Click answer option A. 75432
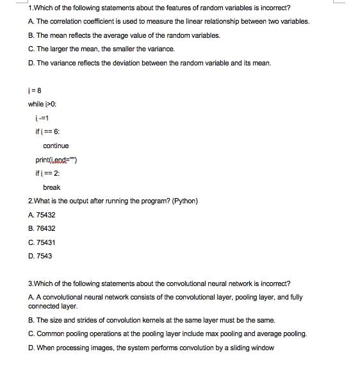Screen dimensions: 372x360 tap(42, 215)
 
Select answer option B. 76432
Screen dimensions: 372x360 tap(42, 228)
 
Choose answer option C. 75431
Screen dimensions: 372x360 tap(42, 242)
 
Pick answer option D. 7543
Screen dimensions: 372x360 tap(40, 256)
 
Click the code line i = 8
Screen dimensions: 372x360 tap(35, 90)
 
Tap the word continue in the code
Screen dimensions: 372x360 tap(56, 146)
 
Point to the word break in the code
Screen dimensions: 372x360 tap(51, 187)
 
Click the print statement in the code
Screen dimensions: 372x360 tap(56, 160)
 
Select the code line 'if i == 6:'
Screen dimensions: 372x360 tap(47, 131)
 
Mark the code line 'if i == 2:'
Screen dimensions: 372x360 tap(47, 173)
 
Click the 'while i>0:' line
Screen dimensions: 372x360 tap(44, 104)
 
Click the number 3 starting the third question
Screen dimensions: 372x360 tap(30, 283)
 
